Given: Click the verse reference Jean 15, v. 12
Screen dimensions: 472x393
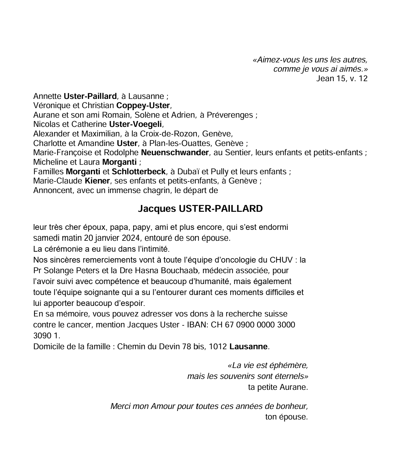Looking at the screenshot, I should click(x=342, y=78).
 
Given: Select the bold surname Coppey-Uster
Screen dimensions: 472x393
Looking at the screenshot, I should click(x=143, y=105).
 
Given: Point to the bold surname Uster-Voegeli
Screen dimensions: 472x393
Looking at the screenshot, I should click(x=135, y=124).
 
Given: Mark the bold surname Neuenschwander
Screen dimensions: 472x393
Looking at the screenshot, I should click(x=175, y=152).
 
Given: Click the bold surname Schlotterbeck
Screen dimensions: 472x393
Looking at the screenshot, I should click(x=139, y=172).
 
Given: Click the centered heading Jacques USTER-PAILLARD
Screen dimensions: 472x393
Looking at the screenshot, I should click(x=200, y=209).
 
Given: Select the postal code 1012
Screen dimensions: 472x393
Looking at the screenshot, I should click(x=218, y=346).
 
